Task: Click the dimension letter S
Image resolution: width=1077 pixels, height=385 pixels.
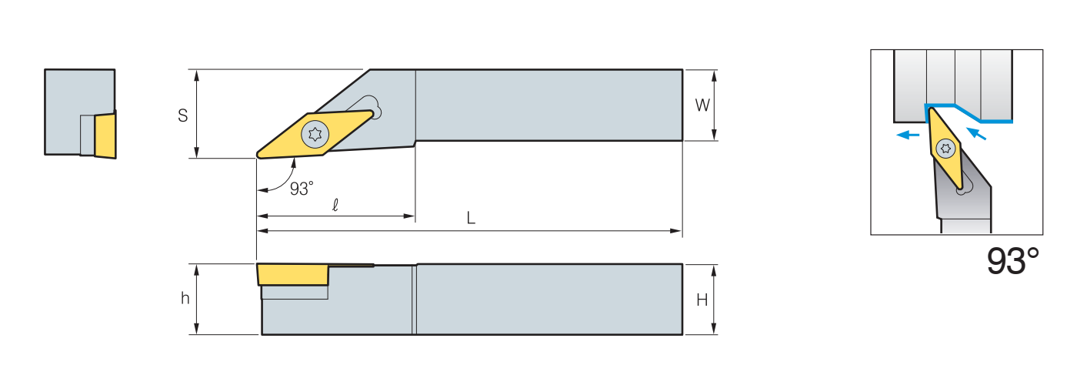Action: click(183, 115)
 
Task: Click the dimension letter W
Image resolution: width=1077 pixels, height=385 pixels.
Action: click(702, 105)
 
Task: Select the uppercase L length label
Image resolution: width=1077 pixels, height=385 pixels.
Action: click(472, 218)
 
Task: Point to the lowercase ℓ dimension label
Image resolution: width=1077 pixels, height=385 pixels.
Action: click(335, 206)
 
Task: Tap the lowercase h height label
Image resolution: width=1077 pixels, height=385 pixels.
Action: click(185, 299)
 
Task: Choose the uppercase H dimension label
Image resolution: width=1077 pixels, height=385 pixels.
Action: click(702, 300)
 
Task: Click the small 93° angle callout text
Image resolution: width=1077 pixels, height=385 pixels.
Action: click(302, 189)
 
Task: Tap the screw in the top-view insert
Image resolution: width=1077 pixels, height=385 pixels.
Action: click(314, 134)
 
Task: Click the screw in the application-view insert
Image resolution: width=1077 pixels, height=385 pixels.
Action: click(945, 147)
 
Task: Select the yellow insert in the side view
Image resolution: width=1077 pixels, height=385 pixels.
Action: click(292, 274)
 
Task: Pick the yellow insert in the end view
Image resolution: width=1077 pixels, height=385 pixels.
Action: click(105, 135)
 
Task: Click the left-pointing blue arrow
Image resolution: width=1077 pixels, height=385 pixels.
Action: click(909, 135)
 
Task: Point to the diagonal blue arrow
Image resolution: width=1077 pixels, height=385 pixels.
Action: click(976, 134)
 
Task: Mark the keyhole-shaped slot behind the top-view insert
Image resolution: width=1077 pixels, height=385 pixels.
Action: click(368, 107)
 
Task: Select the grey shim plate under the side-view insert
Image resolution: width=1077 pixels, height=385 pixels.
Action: click(295, 293)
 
